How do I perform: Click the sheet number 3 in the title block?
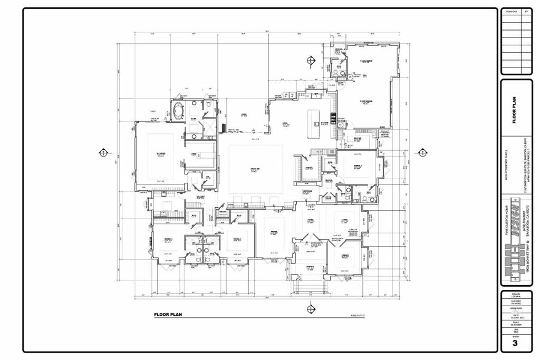(x=515, y=343)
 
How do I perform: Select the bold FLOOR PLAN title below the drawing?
(x=168, y=315)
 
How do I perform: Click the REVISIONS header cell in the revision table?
(x=512, y=11)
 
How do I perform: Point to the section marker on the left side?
(x=103, y=153)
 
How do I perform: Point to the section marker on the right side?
(x=421, y=153)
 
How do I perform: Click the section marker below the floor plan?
(x=311, y=308)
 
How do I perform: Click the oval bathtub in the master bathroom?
(x=178, y=111)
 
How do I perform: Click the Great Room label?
(x=255, y=170)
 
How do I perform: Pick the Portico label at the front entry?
(x=310, y=267)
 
